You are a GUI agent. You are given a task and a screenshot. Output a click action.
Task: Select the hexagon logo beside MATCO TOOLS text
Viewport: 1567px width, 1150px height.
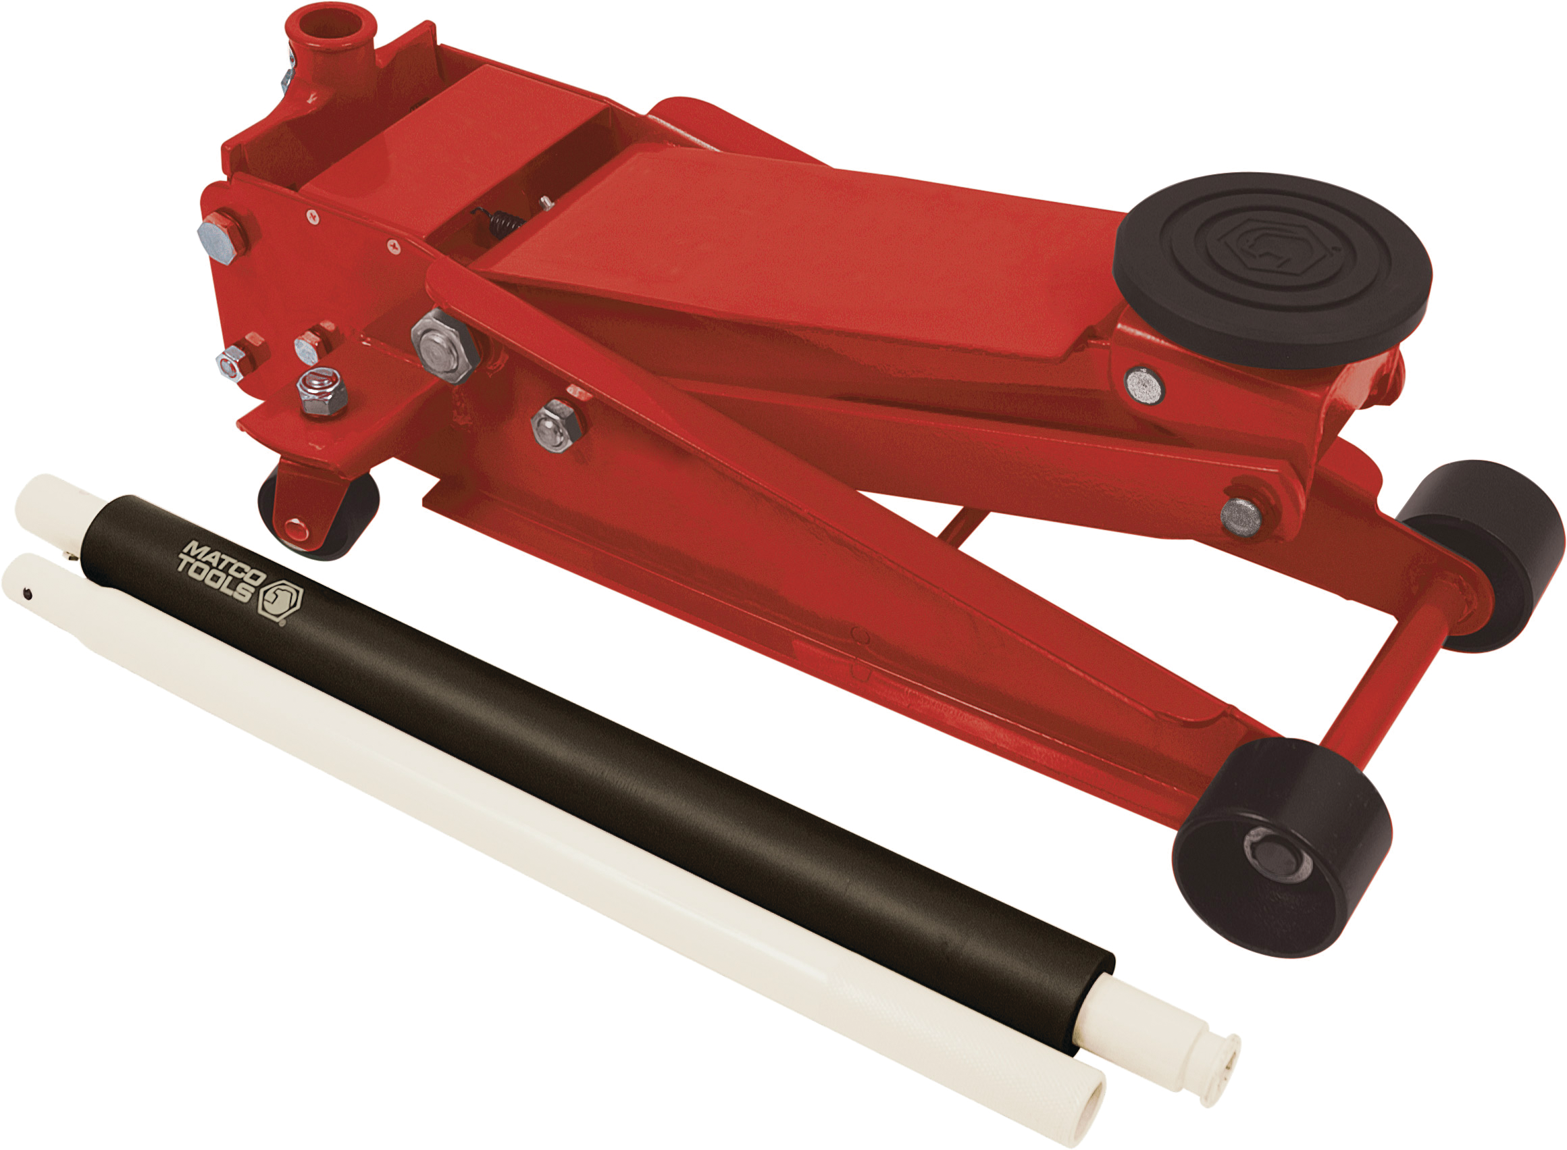[280, 601]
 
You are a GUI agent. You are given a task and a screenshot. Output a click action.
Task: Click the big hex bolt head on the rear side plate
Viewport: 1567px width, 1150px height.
[221, 236]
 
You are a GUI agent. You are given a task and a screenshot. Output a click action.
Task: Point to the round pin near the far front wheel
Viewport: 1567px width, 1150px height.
[1241, 517]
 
